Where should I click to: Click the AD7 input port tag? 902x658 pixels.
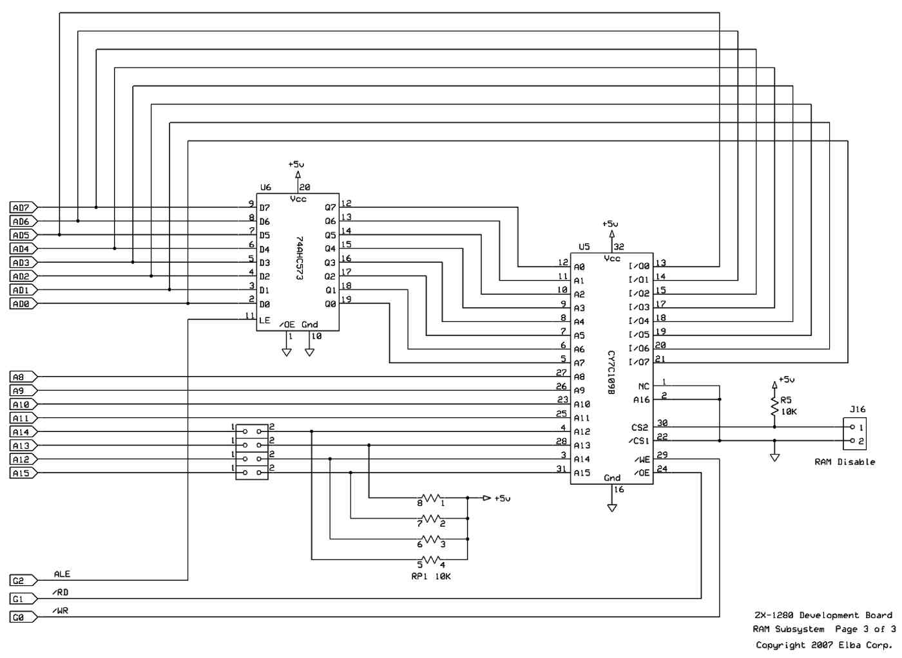(23, 208)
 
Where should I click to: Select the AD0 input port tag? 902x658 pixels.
(23, 304)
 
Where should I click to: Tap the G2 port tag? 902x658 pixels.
(23, 581)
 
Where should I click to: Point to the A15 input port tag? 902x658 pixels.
(23, 473)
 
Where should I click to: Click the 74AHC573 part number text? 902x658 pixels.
(299, 258)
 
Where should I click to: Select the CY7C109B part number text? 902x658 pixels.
(611, 372)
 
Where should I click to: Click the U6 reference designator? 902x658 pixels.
(265, 187)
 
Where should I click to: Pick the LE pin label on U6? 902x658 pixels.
(265, 321)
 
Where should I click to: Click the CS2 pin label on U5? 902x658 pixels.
(640, 428)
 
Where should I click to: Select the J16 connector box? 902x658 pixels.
(854, 434)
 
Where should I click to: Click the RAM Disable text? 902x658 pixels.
(845, 462)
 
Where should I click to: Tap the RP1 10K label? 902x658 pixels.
(431, 577)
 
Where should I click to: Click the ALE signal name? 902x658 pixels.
(62, 574)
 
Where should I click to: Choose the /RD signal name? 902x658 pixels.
(60, 592)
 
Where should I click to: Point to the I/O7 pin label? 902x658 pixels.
(639, 362)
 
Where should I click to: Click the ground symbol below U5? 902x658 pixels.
(612, 508)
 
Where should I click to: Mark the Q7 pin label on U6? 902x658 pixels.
(330, 208)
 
